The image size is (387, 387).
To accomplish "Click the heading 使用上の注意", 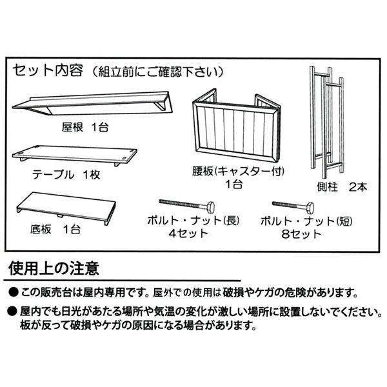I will (x=54, y=267).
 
